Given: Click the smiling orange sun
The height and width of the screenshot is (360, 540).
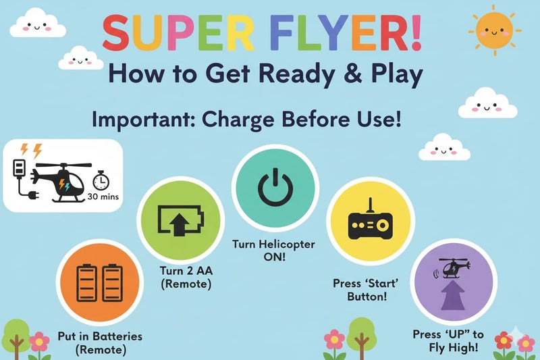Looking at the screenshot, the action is pyautogui.click(x=495, y=30).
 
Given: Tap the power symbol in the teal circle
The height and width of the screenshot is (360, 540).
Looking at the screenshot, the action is pyautogui.click(x=275, y=186).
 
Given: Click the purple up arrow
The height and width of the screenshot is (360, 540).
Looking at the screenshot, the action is pyautogui.click(x=453, y=294).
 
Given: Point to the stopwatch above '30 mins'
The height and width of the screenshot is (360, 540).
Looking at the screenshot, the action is pyautogui.click(x=101, y=180).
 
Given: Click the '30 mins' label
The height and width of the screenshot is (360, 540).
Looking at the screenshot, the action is pyautogui.click(x=103, y=197).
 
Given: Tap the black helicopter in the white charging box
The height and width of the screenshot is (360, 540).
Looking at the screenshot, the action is pyautogui.click(x=59, y=182).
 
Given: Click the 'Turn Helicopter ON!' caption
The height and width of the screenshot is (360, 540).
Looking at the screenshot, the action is pyautogui.click(x=274, y=251).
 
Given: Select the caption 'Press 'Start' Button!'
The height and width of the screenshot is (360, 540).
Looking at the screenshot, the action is pyautogui.click(x=366, y=290).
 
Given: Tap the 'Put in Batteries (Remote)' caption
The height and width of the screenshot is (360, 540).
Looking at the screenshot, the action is pyautogui.click(x=100, y=342).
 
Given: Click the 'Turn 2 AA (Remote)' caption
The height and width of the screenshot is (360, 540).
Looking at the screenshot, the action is pyautogui.click(x=186, y=278).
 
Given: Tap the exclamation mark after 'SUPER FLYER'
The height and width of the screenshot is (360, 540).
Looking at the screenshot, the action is pyautogui.click(x=416, y=33).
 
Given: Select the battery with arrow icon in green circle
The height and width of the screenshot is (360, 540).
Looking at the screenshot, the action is pyautogui.click(x=180, y=220).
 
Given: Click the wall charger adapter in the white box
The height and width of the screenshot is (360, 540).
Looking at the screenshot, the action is pyautogui.click(x=19, y=168).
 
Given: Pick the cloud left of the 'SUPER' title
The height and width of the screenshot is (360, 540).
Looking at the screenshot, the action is pyautogui.click(x=38, y=24).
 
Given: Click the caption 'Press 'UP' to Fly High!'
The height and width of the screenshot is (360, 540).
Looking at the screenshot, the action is pyautogui.click(x=449, y=340).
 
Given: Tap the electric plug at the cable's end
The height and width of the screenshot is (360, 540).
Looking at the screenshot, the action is pyautogui.click(x=34, y=196).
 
